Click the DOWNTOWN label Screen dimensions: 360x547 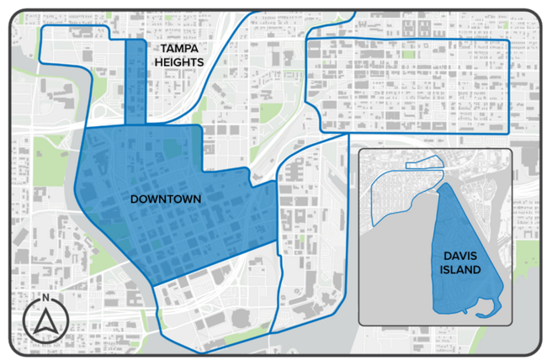[x=165, y=199]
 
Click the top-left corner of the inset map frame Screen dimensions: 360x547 [x=359, y=150]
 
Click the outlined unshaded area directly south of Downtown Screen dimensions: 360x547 [x=215, y=294]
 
